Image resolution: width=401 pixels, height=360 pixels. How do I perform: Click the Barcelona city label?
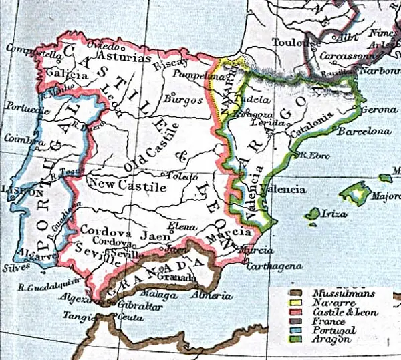click(x=364, y=132)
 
